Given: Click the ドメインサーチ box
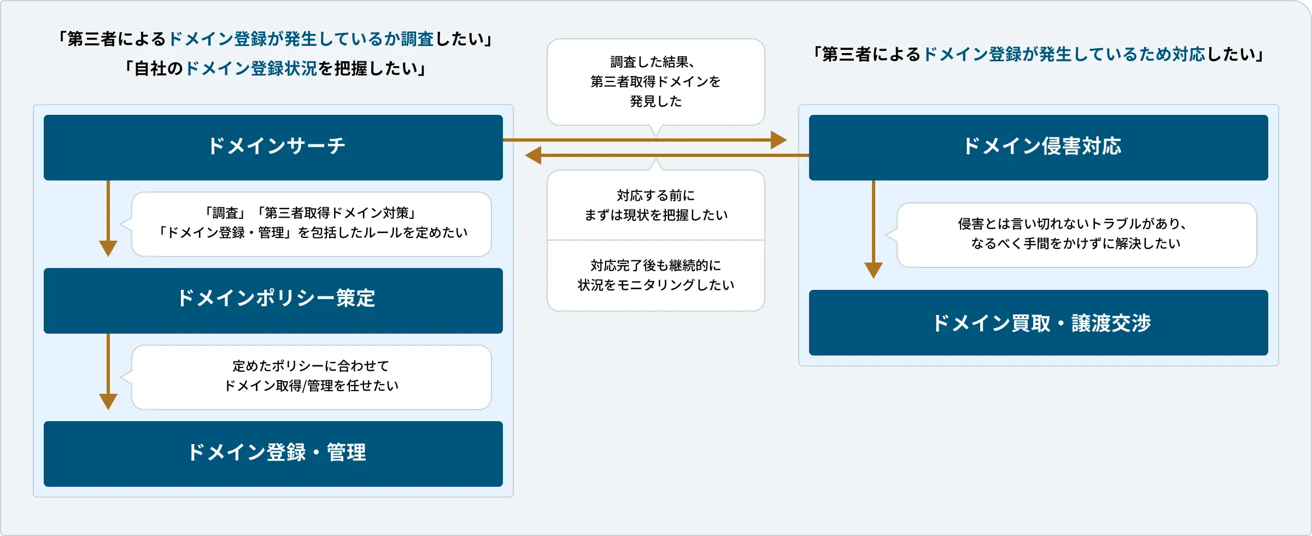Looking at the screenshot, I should click(273, 147).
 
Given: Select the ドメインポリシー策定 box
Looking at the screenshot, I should click(273, 300).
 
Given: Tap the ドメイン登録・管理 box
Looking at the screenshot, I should click(273, 453).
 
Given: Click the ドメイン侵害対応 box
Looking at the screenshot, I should click(1038, 147).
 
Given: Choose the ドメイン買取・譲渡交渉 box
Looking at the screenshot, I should click(1038, 322).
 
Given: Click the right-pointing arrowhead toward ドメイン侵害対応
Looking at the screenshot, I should click(778, 140).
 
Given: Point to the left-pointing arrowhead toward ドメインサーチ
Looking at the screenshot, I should click(534, 155).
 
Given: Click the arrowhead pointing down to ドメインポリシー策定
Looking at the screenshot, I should click(108, 248).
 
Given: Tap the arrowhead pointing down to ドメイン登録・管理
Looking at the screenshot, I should click(108, 401).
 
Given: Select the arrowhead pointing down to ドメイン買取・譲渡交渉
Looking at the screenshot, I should click(874, 270).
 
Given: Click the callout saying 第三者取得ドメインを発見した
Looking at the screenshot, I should click(655, 81).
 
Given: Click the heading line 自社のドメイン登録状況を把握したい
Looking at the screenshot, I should click(276, 68).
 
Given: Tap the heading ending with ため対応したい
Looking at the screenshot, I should click(1038, 54).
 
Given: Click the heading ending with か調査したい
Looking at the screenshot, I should click(276, 39).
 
